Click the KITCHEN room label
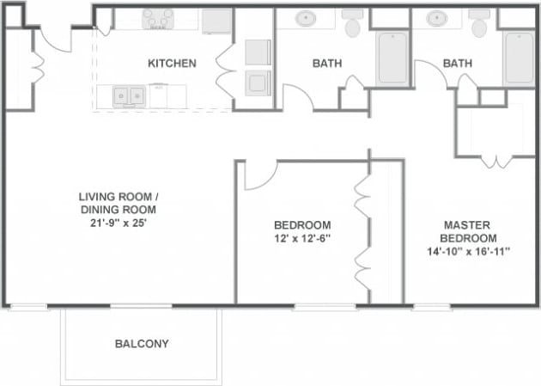[172, 64]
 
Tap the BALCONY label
[142, 344]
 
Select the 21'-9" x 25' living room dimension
[119, 223]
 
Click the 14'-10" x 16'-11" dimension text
[468, 252]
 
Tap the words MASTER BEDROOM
[468, 230]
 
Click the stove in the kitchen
[157, 18]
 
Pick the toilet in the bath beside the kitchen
[352, 25]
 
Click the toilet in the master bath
[480, 25]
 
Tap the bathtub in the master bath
[519, 58]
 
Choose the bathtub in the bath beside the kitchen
[392, 58]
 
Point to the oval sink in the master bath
[437, 18]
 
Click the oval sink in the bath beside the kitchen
[307, 18]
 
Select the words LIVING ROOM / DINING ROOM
[119, 202]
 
